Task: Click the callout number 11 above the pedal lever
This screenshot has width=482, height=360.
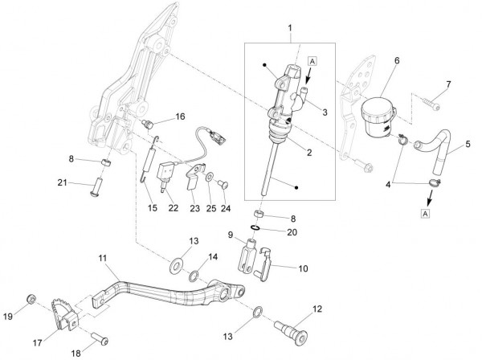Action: click(x=103, y=259)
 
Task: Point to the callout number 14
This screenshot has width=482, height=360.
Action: click(x=212, y=257)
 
